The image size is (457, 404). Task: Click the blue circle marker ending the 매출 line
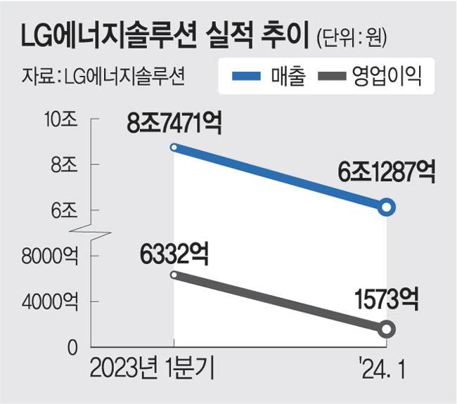tap(386, 207)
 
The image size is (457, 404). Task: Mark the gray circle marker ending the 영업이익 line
tap(386, 329)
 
